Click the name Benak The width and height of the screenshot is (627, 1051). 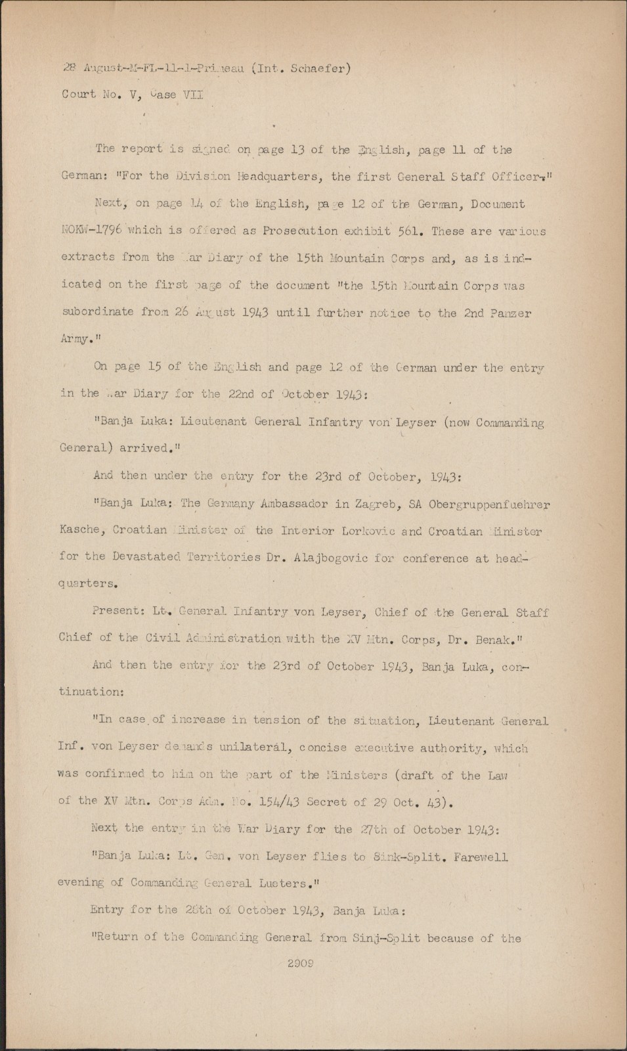tap(492, 638)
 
